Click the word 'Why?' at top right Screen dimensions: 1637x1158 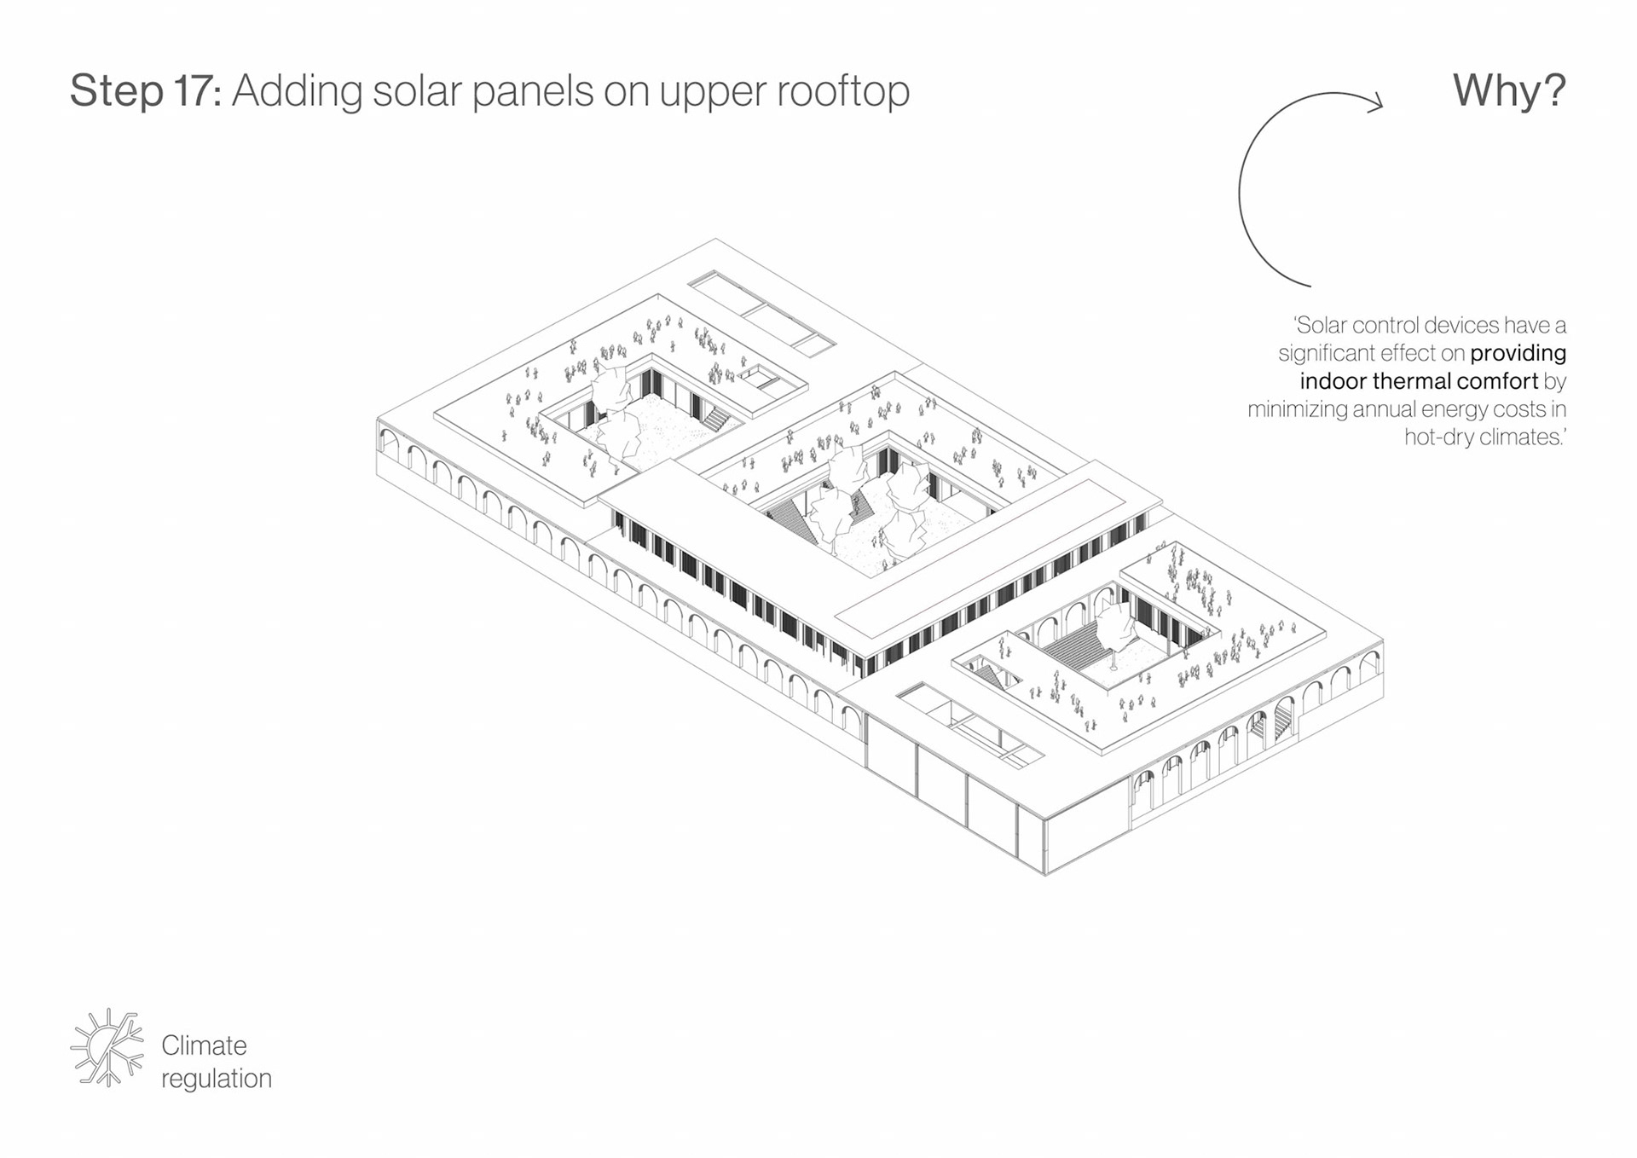(1508, 90)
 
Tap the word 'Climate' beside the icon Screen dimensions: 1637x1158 (204, 1045)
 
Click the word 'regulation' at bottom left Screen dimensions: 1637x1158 (217, 1080)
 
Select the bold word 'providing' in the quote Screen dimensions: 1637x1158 (1518, 354)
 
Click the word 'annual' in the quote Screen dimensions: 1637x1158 (1385, 409)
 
